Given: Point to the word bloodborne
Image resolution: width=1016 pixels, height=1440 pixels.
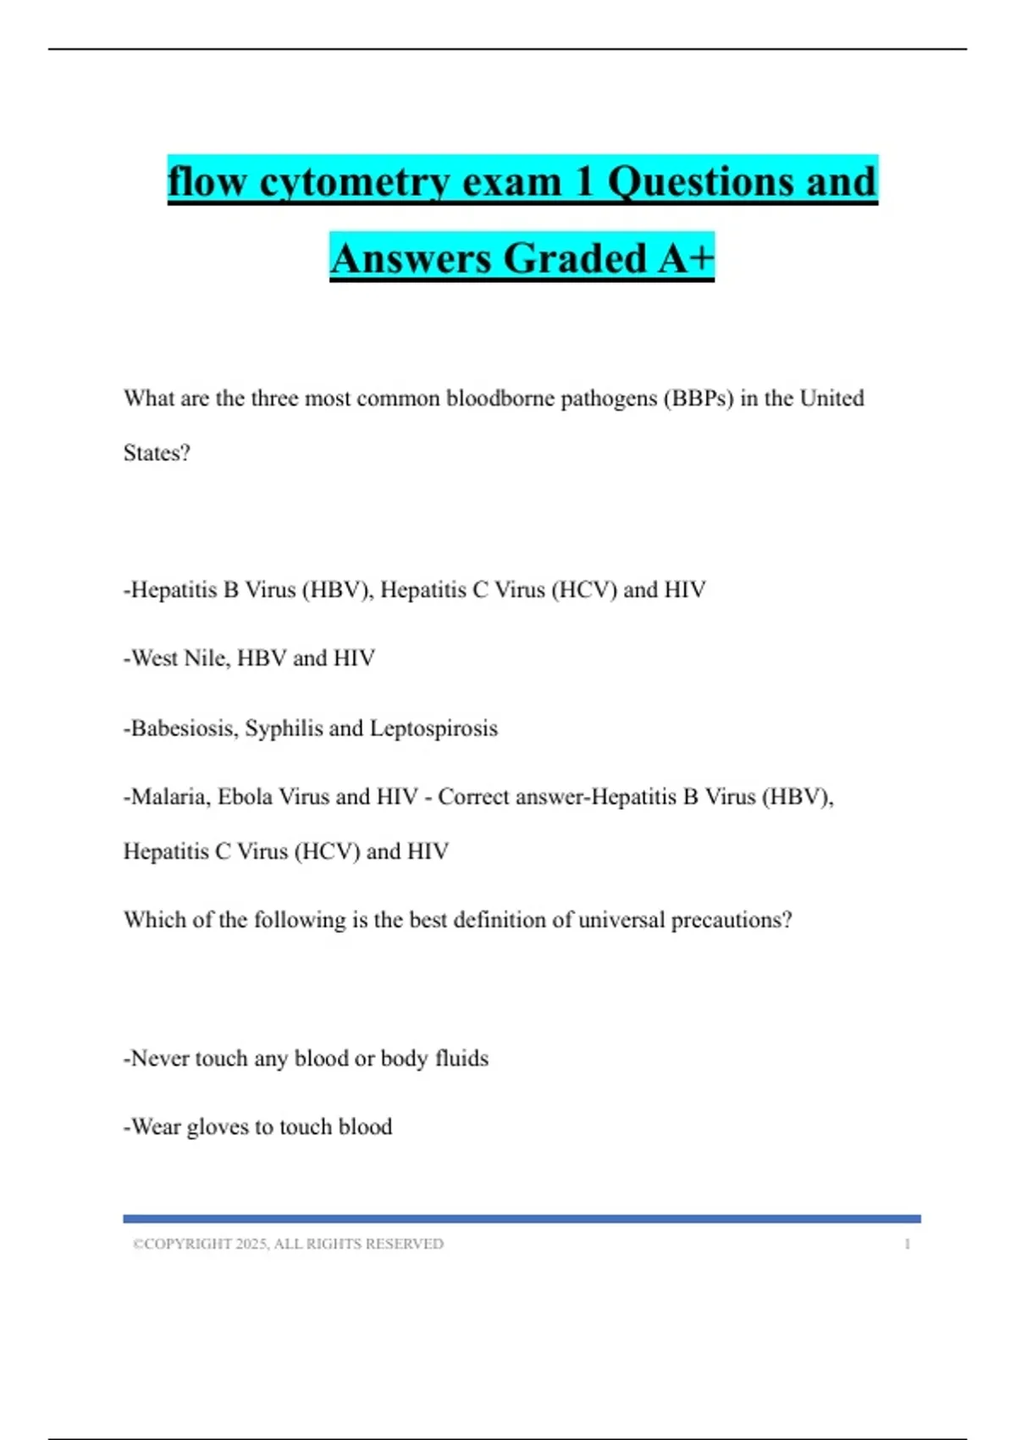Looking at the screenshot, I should pyautogui.click(x=500, y=398).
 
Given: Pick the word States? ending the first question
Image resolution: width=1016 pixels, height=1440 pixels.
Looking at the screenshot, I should pyautogui.click(x=157, y=453).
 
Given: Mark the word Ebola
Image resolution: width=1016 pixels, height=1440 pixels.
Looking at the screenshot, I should pyautogui.click(x=245, y=797).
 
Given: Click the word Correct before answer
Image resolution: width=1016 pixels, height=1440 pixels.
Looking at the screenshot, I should pyautogui.click(x=473, y=797).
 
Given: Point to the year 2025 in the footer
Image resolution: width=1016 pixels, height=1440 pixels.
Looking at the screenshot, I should pyautogui.click(x=251, y=1243).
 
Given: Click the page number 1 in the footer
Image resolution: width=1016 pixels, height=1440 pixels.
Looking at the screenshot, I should pyautogui.click(x=907, y=1243).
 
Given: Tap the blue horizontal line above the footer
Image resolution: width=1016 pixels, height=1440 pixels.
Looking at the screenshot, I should pyautogui.click(x=522, y=1219).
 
